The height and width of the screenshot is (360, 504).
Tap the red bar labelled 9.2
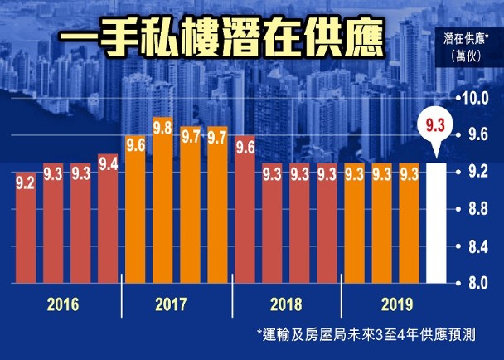tap(26, 227)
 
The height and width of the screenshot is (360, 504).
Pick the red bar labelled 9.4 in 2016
tap(108, 220)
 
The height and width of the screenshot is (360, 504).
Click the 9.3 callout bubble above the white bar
tap(436, 126)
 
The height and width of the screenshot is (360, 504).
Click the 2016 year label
tap(63, 304)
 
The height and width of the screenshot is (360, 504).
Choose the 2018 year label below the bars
tap(286, 304)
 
